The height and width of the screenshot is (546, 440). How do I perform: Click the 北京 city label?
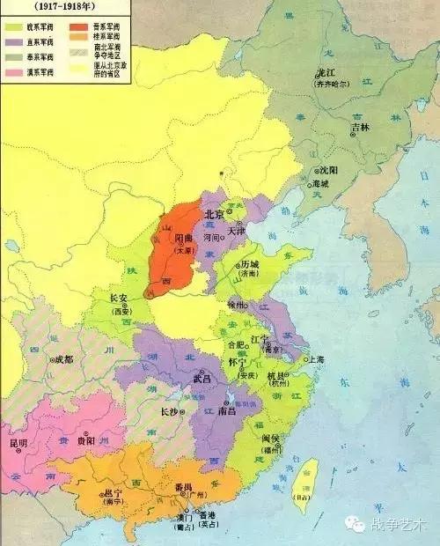[x=214, y=214]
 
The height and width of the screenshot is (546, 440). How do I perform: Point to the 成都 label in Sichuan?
[x=64, y=359]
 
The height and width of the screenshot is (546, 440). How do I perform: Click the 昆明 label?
[x=18, y=443]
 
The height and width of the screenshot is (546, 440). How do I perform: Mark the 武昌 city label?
[x=202, y=378]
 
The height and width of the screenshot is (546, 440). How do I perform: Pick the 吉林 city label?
[x=359, y=127]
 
